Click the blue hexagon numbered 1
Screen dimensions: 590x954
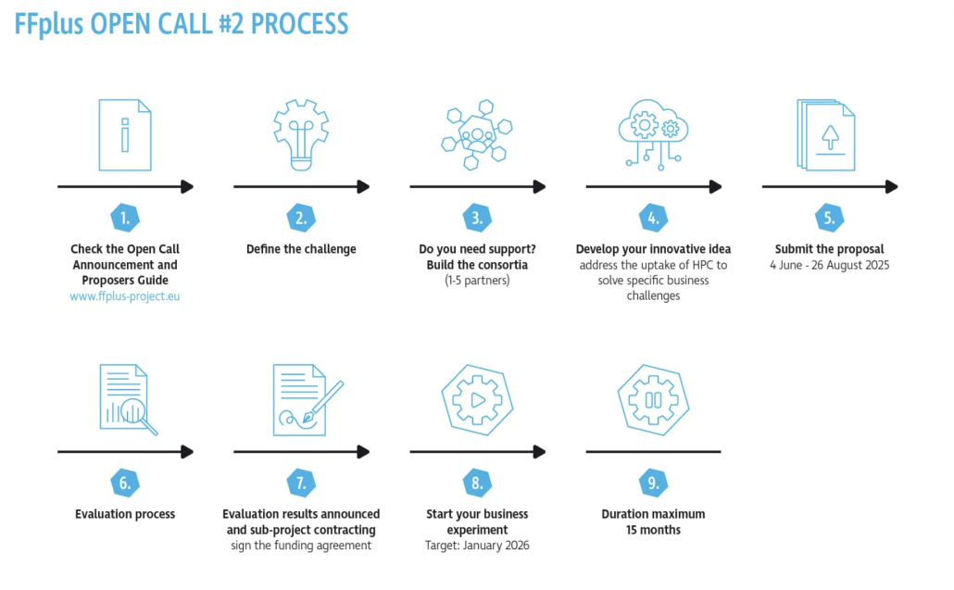point(125,219)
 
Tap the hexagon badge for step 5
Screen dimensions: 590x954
point(830,219)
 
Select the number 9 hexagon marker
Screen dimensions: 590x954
point(653,483)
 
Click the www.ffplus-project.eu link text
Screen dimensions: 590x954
point(125,296)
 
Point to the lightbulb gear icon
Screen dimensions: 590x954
point(301,134)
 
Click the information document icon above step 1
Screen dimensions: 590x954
point(124,135)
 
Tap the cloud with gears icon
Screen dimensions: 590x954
point(653,135)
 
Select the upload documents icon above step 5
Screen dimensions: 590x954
point(826,137)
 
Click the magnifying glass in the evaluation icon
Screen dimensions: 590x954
point(136,413)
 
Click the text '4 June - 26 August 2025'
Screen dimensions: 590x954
point(829,265)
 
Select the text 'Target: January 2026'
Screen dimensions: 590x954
point(477,546)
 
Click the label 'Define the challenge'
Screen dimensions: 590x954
point(301,249)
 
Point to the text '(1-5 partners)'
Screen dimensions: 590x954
point(477,280)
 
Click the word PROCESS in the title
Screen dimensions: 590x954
point(295,23)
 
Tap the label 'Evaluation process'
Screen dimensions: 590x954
point(125,514)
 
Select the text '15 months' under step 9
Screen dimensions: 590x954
point(653,530)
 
